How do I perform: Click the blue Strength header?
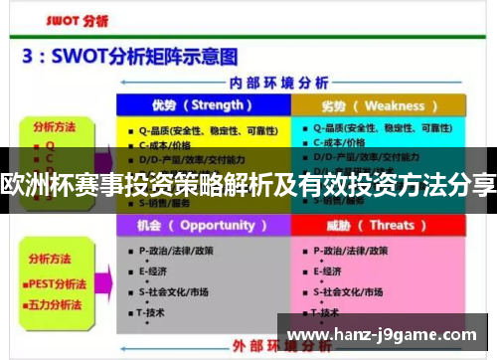pos(202,105)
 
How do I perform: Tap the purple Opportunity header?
pos(202,226)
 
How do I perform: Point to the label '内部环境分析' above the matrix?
pos(292,83)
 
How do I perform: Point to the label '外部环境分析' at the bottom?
pos(292,347)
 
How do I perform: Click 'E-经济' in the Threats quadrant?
pos(331,270)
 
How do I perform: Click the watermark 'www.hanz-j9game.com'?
pos(384,334)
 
